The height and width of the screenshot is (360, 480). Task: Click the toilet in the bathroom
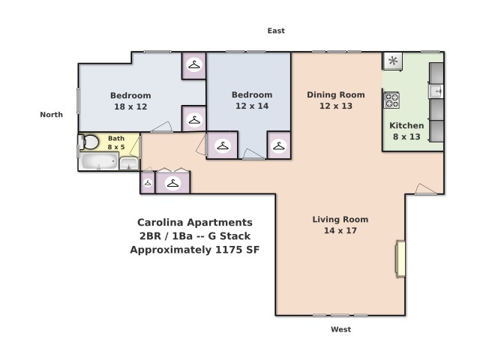(x=88, y=142)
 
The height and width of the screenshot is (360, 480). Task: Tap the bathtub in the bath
(x=99, y=161)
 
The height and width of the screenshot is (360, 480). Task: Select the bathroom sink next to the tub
(x=129, y=163)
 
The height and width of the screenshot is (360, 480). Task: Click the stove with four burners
(x=391, y=100)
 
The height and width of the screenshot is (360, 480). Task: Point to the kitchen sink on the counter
(x=436, y=91)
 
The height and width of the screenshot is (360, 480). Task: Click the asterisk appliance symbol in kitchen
(x=393, y=61)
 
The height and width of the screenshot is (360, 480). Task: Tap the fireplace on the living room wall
(x=400, y=259)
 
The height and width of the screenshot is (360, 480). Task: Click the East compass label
(x=276, y=31)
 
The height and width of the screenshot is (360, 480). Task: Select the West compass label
(x=340, y=329)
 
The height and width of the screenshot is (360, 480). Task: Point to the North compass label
(x=52, y=115)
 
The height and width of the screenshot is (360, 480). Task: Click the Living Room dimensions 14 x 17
(x=340, y=230)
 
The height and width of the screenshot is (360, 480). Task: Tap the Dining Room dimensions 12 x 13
(x=336, y=106)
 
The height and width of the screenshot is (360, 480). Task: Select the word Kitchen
(x=406, y=125)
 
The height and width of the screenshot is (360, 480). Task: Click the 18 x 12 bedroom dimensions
(x=130, y=106)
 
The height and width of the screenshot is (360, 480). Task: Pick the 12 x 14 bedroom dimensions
(x=252, y=106)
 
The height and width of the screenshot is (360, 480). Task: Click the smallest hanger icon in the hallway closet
(x=148, y=183)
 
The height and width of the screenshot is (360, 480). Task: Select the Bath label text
(x=116, y=138)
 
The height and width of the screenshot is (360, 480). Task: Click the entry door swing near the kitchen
(x=426, y=189)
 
